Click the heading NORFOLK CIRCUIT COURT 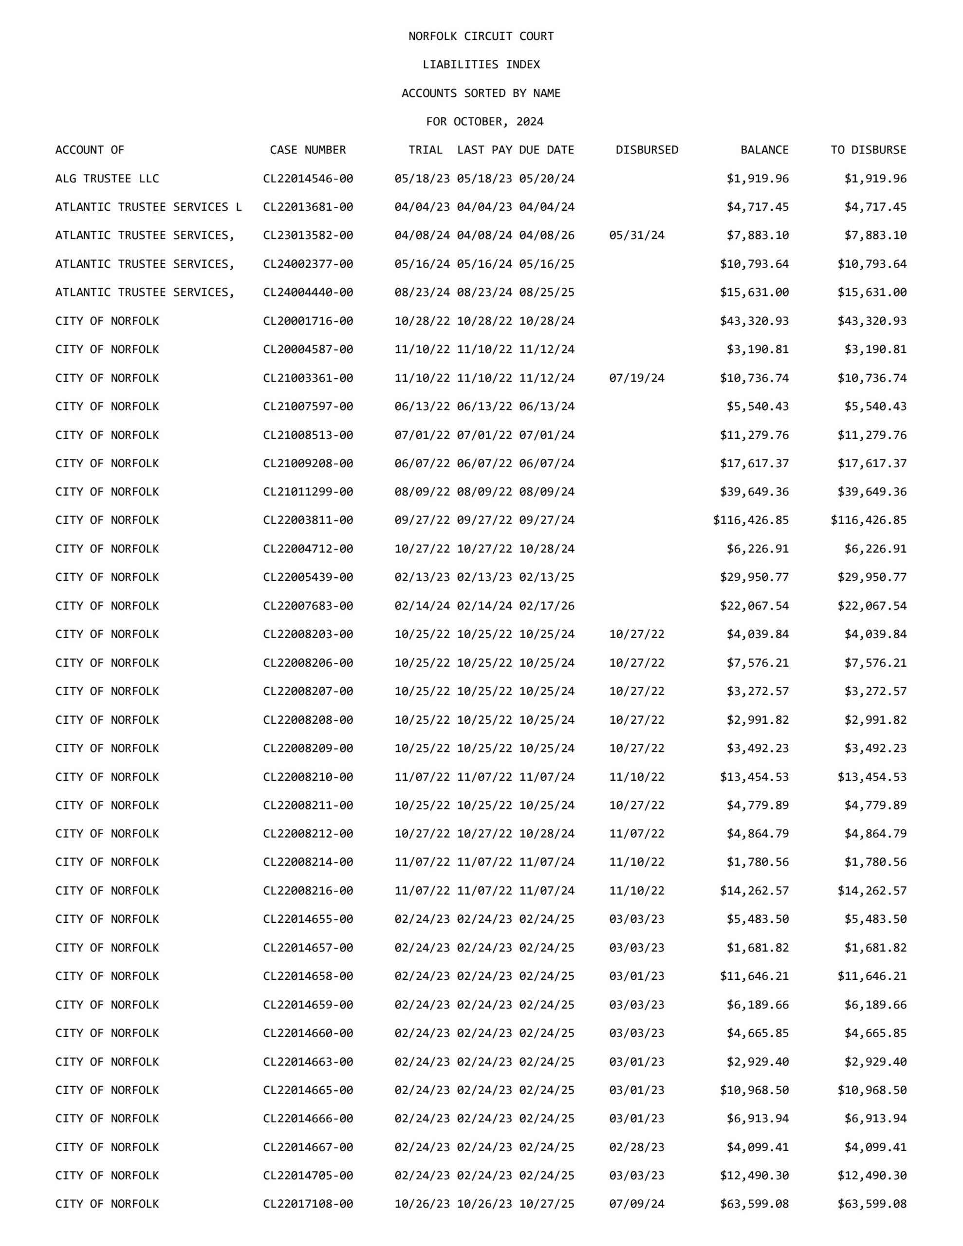[481, 36]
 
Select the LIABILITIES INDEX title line [481, 64]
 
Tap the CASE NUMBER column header [308, 150]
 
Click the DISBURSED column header [647, 150]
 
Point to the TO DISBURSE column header [868, 150]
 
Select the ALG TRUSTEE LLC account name [107, 179]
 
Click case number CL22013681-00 [308, 207]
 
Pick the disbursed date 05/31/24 [636, 235]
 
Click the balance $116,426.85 [751, 520]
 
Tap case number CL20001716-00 [308, 321]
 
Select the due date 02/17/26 [546, 605]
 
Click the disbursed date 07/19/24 [636, 378]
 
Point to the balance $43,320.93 [754, 321]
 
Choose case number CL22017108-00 [308, 1204]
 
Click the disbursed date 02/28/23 [636, 1147]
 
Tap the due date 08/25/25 [546, 292]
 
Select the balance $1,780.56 [758, 862]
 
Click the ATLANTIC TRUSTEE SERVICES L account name [148, 207]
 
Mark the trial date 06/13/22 [422, 406]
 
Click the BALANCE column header [764, 150]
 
